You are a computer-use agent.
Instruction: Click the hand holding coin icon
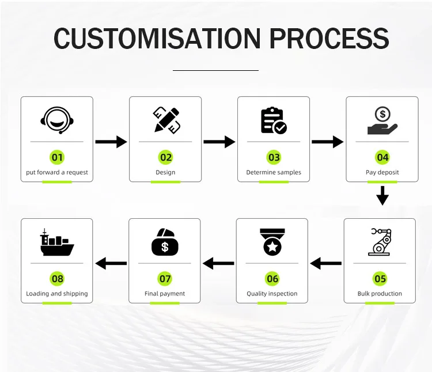click(382, 120)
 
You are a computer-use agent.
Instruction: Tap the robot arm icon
click(380, 242)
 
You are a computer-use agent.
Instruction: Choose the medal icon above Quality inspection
click(272, 242)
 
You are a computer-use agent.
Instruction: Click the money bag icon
click(165, 242)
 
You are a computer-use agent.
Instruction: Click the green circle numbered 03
click(274, 157)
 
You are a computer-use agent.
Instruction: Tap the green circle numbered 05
click(380, 279)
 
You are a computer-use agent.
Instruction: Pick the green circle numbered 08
click(57, 279)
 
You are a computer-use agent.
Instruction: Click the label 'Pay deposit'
click(382, 172)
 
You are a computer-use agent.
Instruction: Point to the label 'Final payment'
click(165, 294)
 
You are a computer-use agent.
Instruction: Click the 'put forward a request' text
click(57, 172)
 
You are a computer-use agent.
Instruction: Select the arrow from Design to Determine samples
click(219, 142)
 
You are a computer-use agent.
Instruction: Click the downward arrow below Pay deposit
click(382, 196)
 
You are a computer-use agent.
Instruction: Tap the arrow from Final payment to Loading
click(111, 264)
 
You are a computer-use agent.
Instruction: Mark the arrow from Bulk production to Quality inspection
click(326, 264)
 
